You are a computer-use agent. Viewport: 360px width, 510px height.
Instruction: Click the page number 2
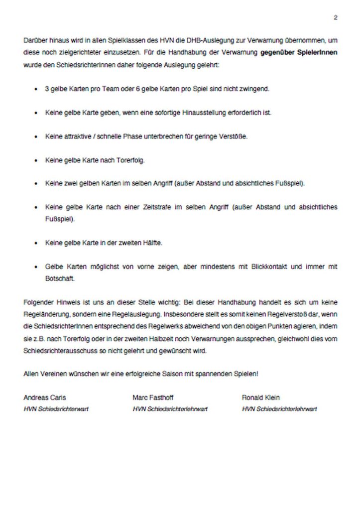[336, 17]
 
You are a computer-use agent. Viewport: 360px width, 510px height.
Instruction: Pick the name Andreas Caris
[45, 397]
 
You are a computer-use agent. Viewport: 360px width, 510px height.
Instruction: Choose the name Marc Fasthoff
[154, 397]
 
